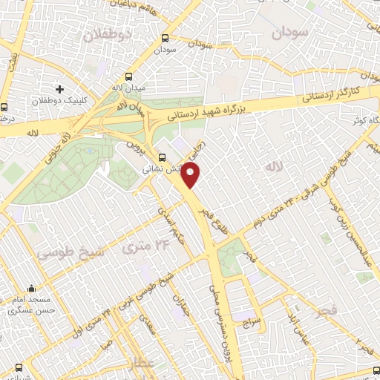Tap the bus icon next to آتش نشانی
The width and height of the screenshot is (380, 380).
163,157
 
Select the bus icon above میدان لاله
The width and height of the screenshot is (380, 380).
129,76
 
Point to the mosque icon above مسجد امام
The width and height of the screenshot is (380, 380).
30,289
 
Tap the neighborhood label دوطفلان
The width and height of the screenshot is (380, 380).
107,35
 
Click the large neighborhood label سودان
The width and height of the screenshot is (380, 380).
289,33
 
